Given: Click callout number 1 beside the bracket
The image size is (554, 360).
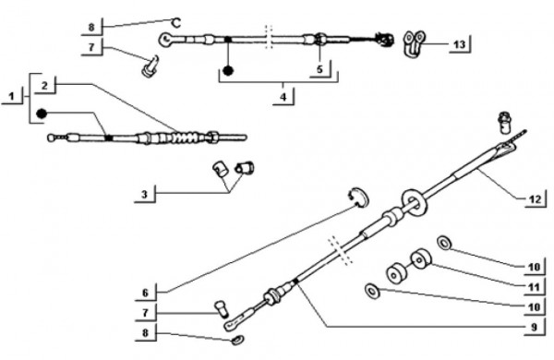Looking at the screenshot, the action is (x=12, y=96).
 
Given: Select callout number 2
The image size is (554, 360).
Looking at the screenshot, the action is (x=44, y=86).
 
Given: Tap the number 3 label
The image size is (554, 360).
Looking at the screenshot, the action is (x=144, y=195).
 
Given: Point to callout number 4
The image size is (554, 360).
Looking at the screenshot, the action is (x=283, y=97).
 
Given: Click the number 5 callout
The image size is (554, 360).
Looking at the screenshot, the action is (x=319, y=69).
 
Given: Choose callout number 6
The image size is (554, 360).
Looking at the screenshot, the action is (x=146, y=293).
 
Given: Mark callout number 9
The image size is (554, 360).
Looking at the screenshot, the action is (x=534, y=327).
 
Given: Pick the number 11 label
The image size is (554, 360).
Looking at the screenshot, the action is (x=534, y=287).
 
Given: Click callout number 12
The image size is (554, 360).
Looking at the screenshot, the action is (x=535, y=199).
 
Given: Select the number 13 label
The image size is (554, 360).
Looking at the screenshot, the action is (x=460, y=45).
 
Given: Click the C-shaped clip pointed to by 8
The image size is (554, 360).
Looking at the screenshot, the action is (x=176, y=23).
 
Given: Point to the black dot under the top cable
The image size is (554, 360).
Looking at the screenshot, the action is (x=229, y=70).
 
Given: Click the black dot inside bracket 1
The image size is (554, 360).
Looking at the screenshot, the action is (x=42, y=114).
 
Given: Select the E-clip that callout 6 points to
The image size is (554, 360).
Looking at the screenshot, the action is (x=358, y=198).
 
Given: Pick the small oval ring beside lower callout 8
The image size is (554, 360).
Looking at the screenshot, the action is (x=236, y=340).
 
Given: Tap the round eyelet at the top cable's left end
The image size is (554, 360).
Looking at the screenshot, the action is (x=165, y=39).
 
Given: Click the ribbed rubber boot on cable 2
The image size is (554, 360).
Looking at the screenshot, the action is (x=186, y=137).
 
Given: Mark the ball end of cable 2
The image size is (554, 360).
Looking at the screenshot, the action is (x=51, y=138).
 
